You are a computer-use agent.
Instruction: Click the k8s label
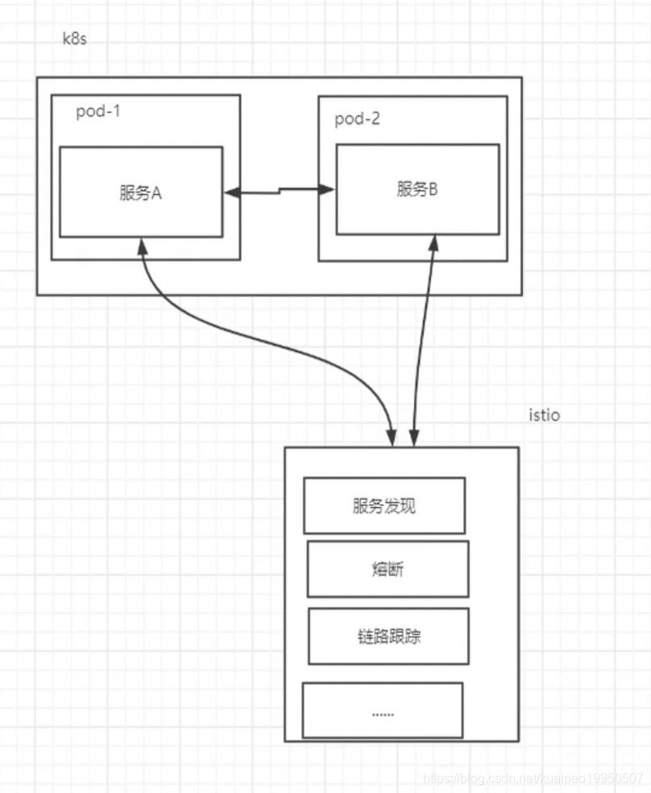74,39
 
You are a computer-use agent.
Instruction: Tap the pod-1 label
97,112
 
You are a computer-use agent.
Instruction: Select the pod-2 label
358,119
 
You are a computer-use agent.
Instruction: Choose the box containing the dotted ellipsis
382,710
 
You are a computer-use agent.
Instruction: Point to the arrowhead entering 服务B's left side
328,189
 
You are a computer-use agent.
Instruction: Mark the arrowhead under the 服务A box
142,243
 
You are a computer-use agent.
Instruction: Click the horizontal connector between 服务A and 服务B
280,190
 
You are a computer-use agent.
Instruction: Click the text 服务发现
384,507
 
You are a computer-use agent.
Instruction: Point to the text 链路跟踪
388,637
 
